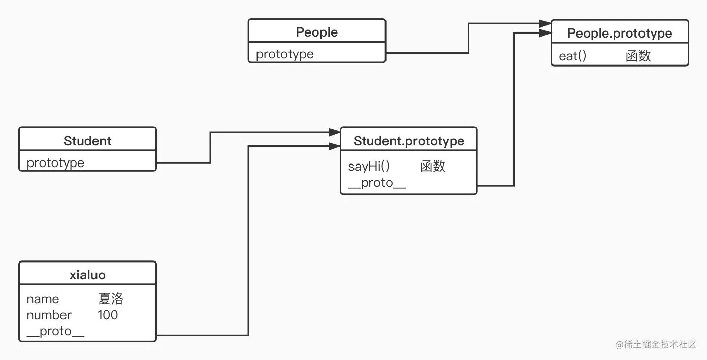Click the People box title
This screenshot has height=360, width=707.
(316, 32)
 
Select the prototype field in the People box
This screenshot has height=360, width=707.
(284, 54)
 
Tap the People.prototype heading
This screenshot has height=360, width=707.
(619, 34)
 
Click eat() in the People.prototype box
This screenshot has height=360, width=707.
(572, 56)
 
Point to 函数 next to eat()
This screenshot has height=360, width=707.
(638, 56)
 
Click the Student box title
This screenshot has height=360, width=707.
(87, 141)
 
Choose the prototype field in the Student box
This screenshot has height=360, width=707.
(55, 163)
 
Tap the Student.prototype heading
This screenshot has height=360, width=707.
(408, 141)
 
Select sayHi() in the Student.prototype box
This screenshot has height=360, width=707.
(369, 167)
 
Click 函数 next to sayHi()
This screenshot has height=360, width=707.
(433, 167)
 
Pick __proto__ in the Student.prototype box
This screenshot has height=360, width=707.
(377, 183)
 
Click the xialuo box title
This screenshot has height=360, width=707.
(87, 275)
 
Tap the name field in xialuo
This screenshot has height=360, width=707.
(43, 299)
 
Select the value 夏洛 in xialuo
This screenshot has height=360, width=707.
(111, 299)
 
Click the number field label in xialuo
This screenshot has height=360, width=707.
(49, 315)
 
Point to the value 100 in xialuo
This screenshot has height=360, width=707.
(108, 315)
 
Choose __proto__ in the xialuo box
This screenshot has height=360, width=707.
(55, 332)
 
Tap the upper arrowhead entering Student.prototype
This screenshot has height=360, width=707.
(334, 132)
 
